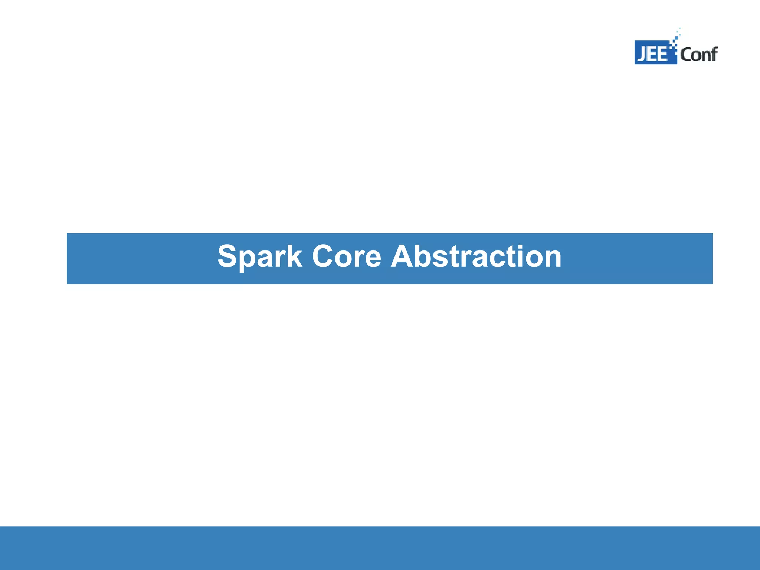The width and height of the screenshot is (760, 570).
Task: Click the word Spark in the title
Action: tap(259, 257)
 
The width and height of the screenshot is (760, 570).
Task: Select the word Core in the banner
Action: tap(347, 257)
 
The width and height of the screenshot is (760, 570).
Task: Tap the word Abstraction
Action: tap(476, 257)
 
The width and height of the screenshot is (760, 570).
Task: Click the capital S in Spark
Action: tap(227, 257)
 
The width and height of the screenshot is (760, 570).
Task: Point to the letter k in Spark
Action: tap(294, 257)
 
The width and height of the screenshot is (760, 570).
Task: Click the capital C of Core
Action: tap(324, 257)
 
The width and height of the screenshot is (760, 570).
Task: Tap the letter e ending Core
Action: tap(372, 258)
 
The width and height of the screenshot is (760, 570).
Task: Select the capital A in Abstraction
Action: tap(403, 257)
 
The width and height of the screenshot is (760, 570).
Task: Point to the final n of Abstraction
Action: tap(552, 258)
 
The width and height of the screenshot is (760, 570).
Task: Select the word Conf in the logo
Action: tap(698, 55)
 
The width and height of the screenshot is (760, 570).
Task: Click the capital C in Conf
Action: tap(685, 55)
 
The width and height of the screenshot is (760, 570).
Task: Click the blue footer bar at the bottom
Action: tap(380, 548)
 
